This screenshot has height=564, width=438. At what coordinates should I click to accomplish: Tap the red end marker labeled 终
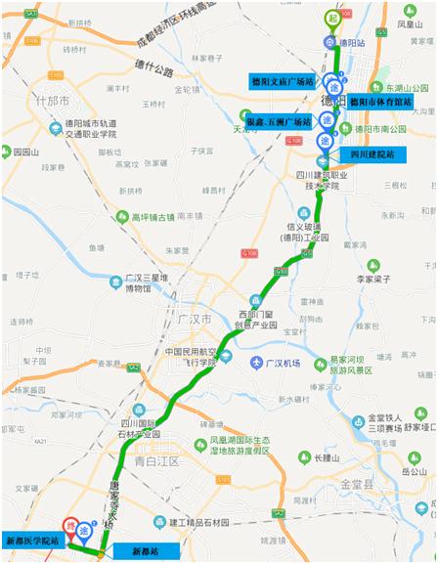click(x=70, y=525)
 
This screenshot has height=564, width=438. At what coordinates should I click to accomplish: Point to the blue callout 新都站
click(x=127, y=551)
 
